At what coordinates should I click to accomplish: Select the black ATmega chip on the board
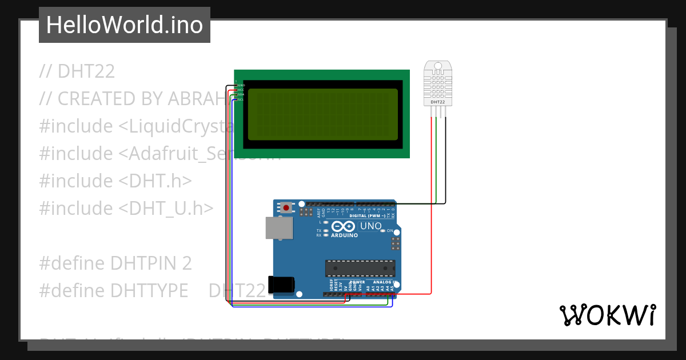360,267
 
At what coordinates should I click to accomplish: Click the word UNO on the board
372,226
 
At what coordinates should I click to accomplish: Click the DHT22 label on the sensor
438,102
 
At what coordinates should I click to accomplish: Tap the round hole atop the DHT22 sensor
438,66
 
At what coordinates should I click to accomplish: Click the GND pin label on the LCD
241,85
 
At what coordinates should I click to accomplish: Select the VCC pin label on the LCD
241,90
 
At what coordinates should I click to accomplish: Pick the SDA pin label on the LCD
241,94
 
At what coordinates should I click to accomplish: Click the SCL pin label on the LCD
241,99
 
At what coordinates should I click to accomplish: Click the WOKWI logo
607,315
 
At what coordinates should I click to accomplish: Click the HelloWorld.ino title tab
125,25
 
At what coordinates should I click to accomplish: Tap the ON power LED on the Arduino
390,231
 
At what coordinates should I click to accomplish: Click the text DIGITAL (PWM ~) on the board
362,216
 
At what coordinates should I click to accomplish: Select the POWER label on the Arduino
357,282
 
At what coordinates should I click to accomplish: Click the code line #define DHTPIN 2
115,263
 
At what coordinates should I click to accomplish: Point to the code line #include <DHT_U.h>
126,209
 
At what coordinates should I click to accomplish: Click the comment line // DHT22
77,71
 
